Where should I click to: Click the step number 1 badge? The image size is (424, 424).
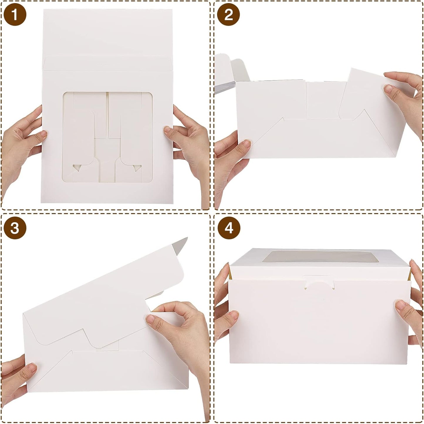tap(15, 15)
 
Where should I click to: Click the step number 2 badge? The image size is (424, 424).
tap(229, 15)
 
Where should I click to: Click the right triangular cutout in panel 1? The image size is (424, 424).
tap(137, 168)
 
